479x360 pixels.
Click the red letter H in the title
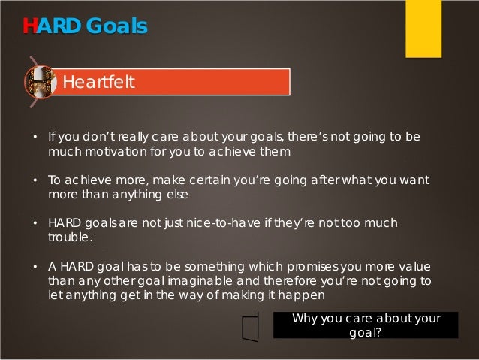[x=29, y=26]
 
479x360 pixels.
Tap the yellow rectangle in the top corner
[x=423, y=29]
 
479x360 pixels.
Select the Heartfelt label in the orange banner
[x=98, y=82]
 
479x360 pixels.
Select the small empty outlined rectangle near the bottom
[x=251, y=327]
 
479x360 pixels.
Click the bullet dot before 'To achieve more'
[x=35, y=180]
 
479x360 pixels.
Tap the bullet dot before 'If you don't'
[x=35, y=138]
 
